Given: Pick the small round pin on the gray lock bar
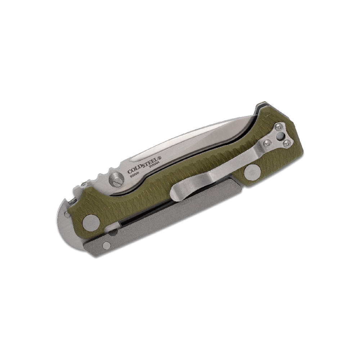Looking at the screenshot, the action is pos(106,245).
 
